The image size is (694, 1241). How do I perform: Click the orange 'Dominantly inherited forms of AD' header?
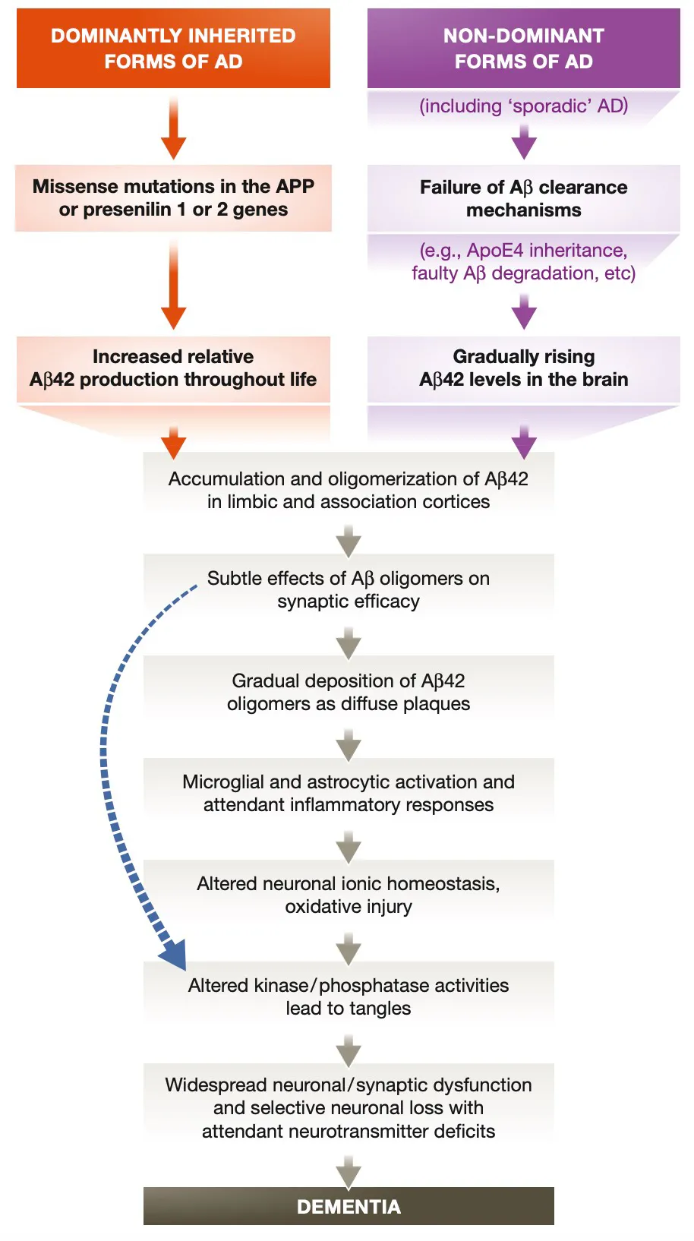(173, 48)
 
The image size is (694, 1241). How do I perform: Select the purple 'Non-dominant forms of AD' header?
(523, 48)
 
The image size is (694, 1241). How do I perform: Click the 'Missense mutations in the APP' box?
(173, 197)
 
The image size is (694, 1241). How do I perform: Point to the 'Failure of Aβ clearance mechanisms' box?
(523, 198)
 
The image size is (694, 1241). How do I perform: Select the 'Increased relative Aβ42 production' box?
(173, 368)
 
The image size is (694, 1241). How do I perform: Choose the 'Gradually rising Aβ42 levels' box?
(523, 368)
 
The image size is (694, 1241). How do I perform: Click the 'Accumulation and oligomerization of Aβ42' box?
(349, 490)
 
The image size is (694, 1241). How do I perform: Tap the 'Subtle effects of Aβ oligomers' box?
(349, 589)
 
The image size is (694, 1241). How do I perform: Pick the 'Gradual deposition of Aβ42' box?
(349, 692)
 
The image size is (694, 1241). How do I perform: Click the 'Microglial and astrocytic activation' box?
(349, 793)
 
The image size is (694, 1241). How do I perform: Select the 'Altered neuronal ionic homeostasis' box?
(349, 895)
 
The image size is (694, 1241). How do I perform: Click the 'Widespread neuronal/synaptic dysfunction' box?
(349, 1107)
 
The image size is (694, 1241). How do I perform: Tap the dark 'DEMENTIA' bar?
(349, 1206)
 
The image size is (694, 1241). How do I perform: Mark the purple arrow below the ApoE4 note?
(524, 312)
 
